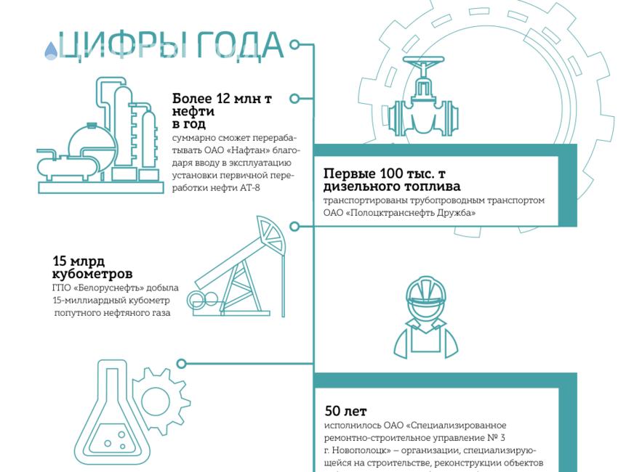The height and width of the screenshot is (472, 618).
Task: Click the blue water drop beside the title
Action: point(51,50)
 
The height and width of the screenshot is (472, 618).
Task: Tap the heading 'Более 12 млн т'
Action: point(222,99)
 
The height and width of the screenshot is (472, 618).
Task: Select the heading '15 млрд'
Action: point(79,261)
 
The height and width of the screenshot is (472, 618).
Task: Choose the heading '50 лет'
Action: point(345,412)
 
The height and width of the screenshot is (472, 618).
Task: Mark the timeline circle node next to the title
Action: point(294,44)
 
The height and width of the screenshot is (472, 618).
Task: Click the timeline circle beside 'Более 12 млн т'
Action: point(294,99)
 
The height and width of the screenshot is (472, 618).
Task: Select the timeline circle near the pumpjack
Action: point(294,227)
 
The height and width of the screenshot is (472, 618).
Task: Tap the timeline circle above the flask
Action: point(182,364)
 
